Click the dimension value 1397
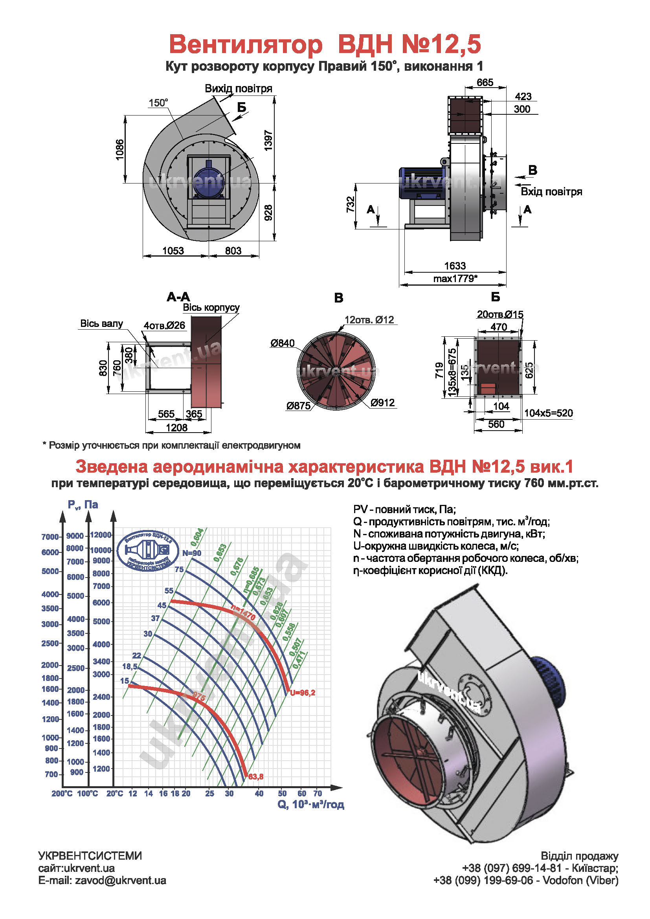pos(268,141)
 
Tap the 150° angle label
pos(158,103)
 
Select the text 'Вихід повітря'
pos(238,88)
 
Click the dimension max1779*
pos(455,279)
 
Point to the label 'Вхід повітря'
pos(551,192)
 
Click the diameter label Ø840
pos(282,343)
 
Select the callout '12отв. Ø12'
pos(369,320)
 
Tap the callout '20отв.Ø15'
pos(500,315)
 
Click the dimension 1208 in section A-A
pos(176,427)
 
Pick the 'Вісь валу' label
pos(102,323)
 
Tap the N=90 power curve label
pos(192,553)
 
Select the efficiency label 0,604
pos(197,537)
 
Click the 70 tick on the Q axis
pos(318,793)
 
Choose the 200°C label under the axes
pos(62,793)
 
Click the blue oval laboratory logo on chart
pos(148,551)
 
